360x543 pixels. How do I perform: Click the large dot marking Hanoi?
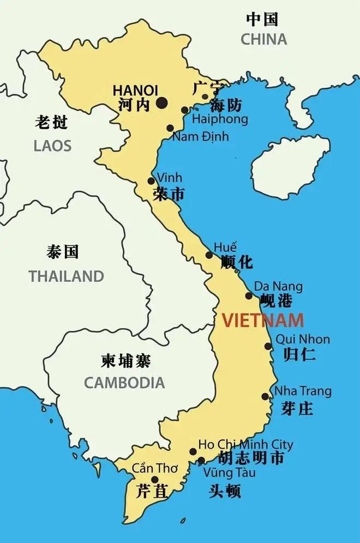tap(161, 102)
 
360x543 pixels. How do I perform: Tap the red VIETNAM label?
tap(262, 320)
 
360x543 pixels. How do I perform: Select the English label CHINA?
tap(263, 39)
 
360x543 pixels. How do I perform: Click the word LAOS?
tap(52, 146)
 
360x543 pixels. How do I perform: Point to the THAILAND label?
tap(66, 276)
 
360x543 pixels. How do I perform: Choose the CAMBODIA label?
tap(124, 383)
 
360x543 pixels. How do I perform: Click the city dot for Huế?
tap(209, 255)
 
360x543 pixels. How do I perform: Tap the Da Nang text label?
tap(278, 286)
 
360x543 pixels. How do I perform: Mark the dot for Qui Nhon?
tap(268, 346)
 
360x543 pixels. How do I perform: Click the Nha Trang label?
tap(303, 391)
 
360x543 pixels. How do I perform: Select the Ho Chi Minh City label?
tap(245, 445)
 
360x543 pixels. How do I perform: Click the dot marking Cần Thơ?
tap(155, 480)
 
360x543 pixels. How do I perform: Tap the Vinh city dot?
tap(151, 181)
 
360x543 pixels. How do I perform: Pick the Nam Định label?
tap(200, 136)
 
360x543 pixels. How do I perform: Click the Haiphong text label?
tap(220, 119)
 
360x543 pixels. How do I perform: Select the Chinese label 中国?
tap(262, 20)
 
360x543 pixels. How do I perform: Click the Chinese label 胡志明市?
tap(250, 458)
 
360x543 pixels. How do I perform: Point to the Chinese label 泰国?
tap(63, 252)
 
